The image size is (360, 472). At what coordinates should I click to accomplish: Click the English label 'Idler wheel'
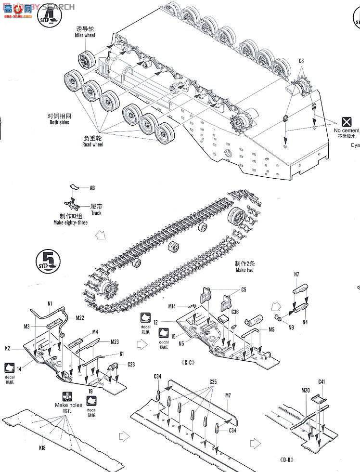(x=85, y=35)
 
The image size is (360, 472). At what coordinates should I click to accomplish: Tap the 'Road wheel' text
(x=92, y=144)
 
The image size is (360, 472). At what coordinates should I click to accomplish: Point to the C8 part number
(x=301, y=61)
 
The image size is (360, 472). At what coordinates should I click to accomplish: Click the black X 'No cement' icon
(x=346, y=122)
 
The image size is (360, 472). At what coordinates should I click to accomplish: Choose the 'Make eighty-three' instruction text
(x=70, y=223)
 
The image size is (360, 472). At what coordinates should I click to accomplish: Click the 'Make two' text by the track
(x=244, y=270)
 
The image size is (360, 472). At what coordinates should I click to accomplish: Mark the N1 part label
(x=50, y=303)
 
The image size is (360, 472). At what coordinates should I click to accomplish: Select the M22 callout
(x=80, y=317)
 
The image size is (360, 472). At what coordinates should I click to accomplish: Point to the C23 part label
(x=131, y=365)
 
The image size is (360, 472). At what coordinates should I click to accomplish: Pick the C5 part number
(x=243, y=289)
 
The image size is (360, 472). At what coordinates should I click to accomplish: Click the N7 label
(x=296, y=275)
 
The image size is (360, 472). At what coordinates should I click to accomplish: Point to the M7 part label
(x=228, y=395)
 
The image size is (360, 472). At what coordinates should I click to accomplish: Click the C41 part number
(x=321, y=382)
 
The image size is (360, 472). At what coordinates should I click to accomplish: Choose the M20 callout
(x=306, y=390)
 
